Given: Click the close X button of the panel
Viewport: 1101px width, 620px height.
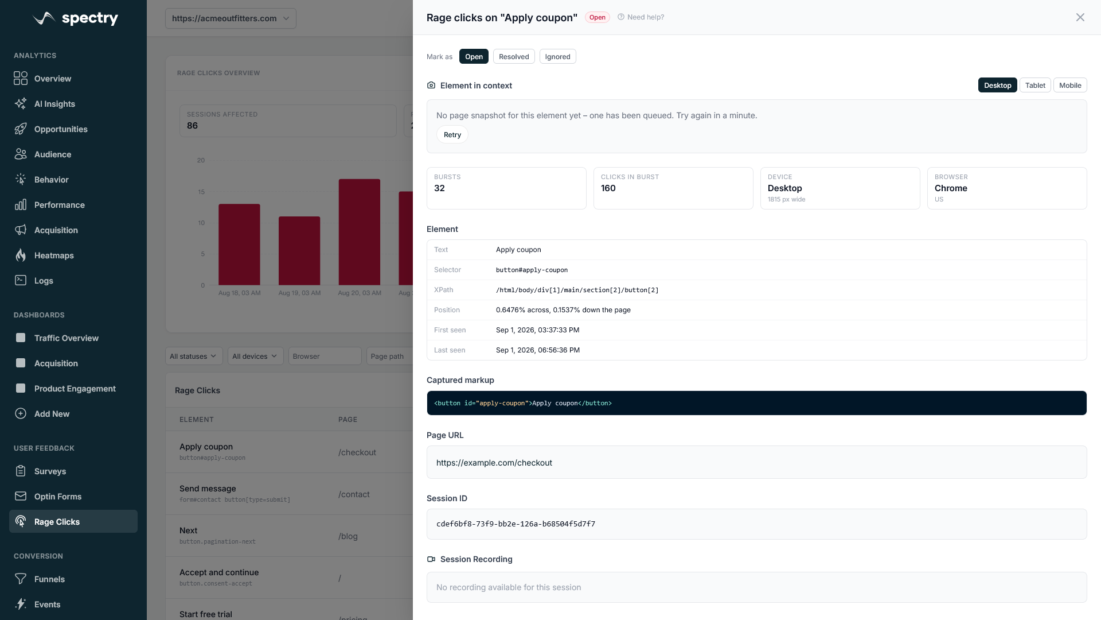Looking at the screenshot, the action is [x=1080, y=17].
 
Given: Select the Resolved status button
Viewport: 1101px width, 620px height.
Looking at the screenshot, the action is [x=514, y=56].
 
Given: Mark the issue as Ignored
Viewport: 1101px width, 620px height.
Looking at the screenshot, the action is [x=557, y=56].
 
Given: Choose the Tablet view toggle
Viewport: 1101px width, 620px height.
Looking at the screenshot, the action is [x=1035, y=85].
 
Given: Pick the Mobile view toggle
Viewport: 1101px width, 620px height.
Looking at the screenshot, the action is [x=1070, y=85].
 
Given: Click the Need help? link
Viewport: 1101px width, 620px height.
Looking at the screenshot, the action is [x=641, y=17].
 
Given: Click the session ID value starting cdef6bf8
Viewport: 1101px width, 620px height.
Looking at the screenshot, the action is [x=516, y=524].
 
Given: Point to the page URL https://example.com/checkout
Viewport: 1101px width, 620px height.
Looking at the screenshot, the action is [x=494, y=463].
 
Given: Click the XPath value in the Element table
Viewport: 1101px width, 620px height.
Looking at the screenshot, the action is [x=577, y=290].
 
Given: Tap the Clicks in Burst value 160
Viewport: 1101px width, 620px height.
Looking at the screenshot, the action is [x=608, y=188].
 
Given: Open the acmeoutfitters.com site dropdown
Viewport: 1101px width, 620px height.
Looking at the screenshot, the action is [x=231, y=18].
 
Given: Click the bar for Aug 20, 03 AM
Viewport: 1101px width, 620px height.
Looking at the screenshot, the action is [x=360, y=232].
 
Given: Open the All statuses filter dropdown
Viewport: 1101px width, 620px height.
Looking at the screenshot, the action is [x=194, y=356].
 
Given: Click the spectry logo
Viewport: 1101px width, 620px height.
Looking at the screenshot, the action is [x=76, y=18].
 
